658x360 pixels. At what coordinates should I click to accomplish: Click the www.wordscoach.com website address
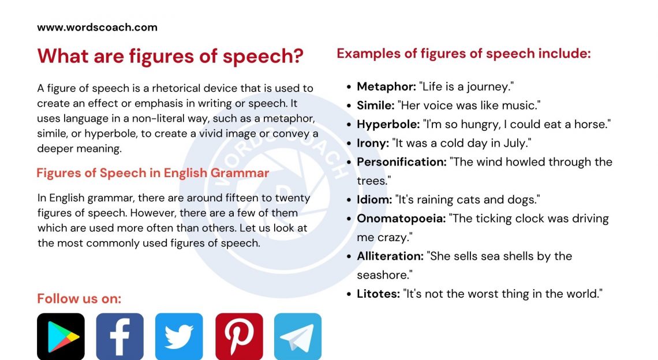pyautogui.click(x=97, y=27)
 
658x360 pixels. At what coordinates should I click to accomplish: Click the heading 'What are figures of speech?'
pyautogui.click(x=170, y=56)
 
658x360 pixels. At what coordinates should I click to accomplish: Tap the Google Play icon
pyautogui.click(x=61, y=337)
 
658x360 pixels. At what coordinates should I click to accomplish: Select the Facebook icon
pyautogui.click(x=119, y=337)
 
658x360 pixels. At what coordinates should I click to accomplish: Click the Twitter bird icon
pyautogui.click(x=179, y=337)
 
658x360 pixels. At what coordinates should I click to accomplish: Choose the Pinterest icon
pyautogui.click(x=239, y=337)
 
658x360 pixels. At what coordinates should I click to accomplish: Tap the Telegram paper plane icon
pyautogui.click(x=298, y=337)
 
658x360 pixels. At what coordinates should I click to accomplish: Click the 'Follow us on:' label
pyautogui.click(x=79, y=299)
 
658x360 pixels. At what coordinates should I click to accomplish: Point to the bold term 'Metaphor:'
pyautogui.click(x=386, y=87)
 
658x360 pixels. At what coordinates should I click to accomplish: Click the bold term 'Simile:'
pyautogui.click(x=375, y=106)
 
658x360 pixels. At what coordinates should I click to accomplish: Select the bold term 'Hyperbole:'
pyautogui.click(x=388, y=124)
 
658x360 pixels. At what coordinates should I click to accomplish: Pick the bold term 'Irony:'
pyautogui.click(x=372, y=143)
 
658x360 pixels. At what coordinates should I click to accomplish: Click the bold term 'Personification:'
pyautogui.click(x=402, y=162)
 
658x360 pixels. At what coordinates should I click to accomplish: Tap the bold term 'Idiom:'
pyautogui.click(x=374, y=200)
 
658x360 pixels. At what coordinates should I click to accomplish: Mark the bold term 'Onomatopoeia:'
pyautogui.click(x=401, y=219)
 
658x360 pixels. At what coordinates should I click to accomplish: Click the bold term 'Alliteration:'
pyautogui.click(x=390, y=256)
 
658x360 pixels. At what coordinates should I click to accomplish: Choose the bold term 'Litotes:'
pyautogui.click(x=378, y=294)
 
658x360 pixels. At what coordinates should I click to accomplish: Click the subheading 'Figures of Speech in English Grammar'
pyautogui.click(x=153, y=173)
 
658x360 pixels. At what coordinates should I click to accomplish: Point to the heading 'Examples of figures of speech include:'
pyautogui.click(x=463, y=54)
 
